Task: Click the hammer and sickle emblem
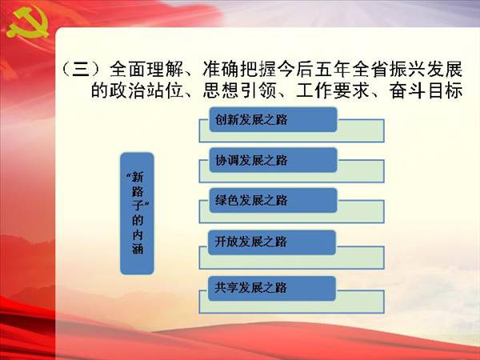point(27,23)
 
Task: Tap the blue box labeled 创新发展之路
point(273,119)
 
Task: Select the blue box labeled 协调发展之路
point(273,160)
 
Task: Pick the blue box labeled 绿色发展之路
point(273,201)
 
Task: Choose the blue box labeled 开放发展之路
point(272,242)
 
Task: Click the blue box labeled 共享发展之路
point(272,288)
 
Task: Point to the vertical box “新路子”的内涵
point(137,214)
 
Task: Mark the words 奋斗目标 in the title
point(426,90)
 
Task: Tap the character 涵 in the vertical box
point(138,249)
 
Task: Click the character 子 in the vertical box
point(138,205)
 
